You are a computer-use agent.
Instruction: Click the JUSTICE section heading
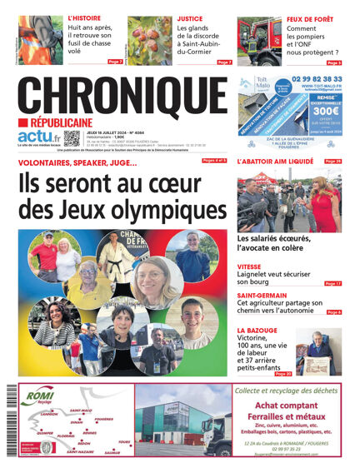pos(189,17)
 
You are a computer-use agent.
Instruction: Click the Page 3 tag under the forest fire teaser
pos(333,62)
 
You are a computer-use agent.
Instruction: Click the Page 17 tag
pos(332,284)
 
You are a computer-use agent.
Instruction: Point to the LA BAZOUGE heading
pos(260,331)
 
